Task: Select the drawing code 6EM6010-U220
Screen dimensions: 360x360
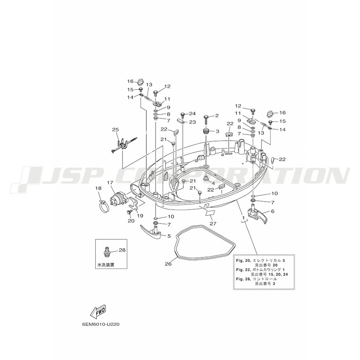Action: coord(100,325)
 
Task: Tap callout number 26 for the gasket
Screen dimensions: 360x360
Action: coord(168,264)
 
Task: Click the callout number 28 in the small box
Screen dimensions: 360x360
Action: coord(122,250)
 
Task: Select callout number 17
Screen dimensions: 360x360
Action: coord(110,183)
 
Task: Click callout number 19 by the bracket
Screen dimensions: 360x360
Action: coord(140,216)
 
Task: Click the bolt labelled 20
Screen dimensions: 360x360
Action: coord(129,212)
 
